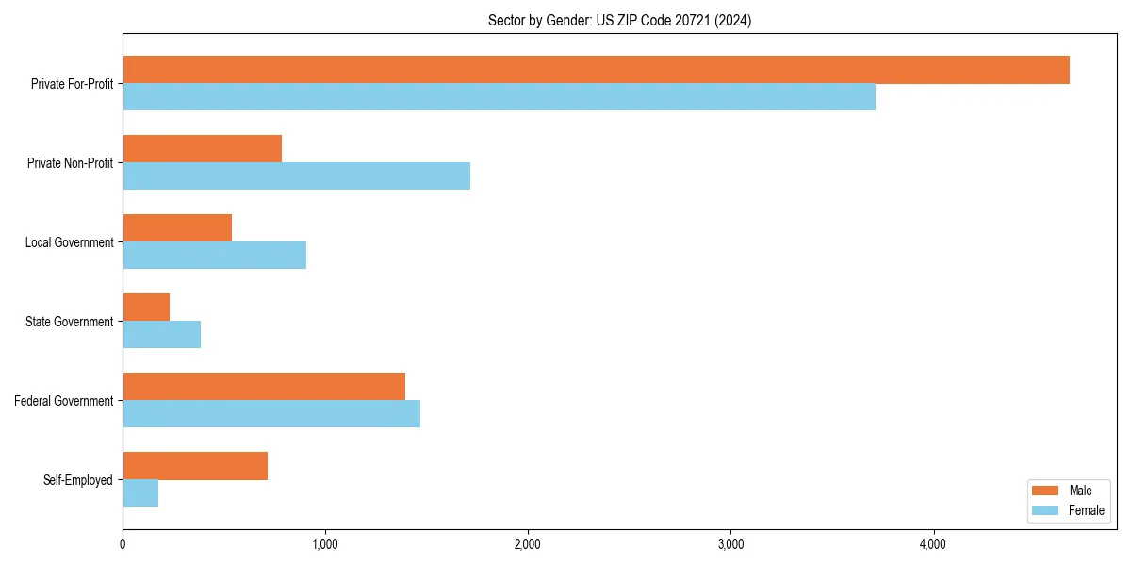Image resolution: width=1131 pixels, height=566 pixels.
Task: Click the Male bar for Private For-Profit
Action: [x=596, y=70]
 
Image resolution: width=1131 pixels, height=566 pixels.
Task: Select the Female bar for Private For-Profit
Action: [x=499, y=97]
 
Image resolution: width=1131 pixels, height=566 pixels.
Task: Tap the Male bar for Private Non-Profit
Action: [x=202, y=149]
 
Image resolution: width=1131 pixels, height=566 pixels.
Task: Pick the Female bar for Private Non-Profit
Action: [x=296, y=176]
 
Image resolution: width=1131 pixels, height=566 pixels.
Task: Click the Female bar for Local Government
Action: [x=214, y=256]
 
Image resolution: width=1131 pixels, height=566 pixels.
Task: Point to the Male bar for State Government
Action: [x=146, y=308]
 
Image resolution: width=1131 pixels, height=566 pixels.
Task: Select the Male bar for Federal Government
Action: [x=264, y=387]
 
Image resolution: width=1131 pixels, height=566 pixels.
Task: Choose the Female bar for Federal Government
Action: [x=271, y=414]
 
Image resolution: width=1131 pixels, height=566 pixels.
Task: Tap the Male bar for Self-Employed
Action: [x=195, y=466]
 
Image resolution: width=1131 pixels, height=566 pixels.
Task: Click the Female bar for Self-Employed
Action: [x=140, y=493]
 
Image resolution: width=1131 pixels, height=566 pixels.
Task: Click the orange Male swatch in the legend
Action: [x=1046, y=491]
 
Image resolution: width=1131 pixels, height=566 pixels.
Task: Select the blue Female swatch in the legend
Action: [x=1046, y=510]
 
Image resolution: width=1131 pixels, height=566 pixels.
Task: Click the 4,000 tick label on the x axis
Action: [x=933, y=544]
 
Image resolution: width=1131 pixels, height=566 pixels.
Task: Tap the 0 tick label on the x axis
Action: [x=123, y=544]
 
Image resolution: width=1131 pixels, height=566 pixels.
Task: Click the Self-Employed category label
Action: [x=78, y=480]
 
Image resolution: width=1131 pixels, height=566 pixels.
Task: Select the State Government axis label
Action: [x=70, y=322]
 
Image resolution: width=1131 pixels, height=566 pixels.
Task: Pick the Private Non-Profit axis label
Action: [x=70, y=163]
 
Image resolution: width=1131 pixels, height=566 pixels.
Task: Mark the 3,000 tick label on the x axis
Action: [x=730, y=544]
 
